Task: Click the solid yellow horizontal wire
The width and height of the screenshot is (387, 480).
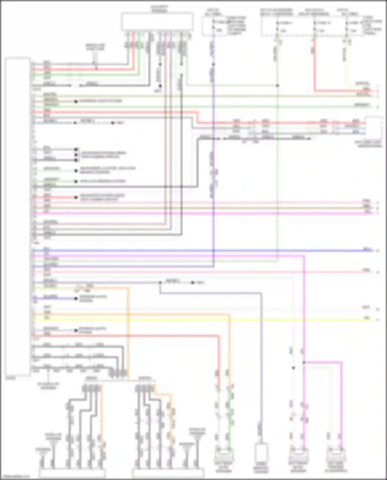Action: [206, 320]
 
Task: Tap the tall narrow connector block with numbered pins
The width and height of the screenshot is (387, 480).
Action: [18, 217]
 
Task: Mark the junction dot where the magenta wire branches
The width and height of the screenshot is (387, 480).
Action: [304, 362]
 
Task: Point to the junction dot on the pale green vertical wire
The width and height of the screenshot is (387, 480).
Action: [277, 85]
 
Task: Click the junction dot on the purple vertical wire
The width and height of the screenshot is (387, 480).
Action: [213, 64]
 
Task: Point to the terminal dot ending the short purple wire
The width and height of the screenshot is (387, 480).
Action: [76, 298]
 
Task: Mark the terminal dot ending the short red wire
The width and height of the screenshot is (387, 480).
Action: [76, 198]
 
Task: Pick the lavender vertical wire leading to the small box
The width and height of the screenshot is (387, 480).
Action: [261, 361]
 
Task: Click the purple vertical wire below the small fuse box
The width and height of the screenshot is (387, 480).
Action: [213, 155]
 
